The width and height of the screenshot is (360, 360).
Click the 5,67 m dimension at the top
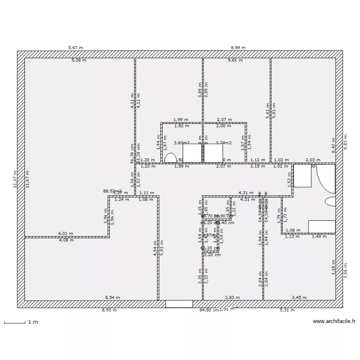tap(76, 48)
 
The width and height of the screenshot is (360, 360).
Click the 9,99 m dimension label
tap(238, 48)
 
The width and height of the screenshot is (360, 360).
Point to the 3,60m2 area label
tap(181, 143)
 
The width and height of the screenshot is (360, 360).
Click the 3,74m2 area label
tap(223, 143)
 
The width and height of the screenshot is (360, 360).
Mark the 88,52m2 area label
tap(112, 191)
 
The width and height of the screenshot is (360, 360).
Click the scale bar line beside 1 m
tap(14, 323)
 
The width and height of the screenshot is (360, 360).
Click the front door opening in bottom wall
tap(179, 304)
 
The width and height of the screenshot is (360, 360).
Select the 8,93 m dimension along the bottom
tap(109, 310)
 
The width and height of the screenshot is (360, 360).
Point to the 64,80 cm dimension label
tap(209, 310)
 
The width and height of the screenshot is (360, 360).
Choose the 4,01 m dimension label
tap(65, 234)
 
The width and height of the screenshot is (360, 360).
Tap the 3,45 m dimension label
tap(300, 298)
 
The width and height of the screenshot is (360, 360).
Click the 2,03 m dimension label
tap(313, 160)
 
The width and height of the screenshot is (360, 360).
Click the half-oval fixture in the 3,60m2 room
tap(170, 158)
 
